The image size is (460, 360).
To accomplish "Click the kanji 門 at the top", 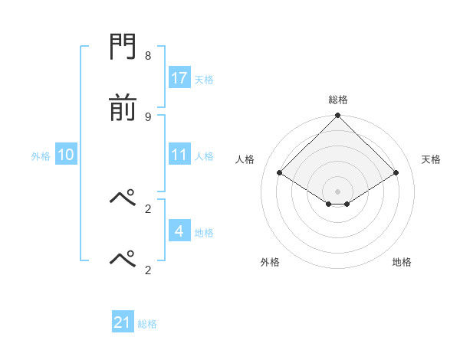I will (123, 49).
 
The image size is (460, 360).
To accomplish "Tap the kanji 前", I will (123, 109).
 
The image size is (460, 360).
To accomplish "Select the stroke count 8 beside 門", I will (148, 56).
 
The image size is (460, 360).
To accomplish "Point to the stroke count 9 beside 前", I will (148, 116).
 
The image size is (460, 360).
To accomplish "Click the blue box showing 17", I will (179, 77).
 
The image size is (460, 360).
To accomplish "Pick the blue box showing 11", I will (179, 155).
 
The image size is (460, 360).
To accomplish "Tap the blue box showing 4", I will (179, 231).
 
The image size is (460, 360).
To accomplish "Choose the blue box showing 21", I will (123, 322).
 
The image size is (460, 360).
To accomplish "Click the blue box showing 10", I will (66, 155).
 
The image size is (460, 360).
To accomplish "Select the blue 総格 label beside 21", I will (147, 324).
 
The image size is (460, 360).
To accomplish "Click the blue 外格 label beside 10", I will (41, 156).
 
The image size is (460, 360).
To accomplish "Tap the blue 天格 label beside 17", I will (204, 79).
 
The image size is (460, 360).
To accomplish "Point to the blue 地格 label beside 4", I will (204, 233).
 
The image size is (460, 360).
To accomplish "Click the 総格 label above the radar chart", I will (338, 100).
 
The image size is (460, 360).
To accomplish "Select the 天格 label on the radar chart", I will (432, 159).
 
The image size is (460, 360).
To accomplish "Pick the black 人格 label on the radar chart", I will (245, 159).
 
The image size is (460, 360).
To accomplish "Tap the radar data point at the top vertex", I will (338, 116).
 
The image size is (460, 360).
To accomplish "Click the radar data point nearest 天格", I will (396, 172).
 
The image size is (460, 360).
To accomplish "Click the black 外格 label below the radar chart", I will (270, 262).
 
